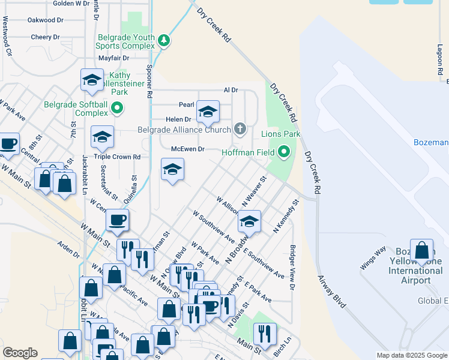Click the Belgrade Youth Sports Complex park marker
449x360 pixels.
164,41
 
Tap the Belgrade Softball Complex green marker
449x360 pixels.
117,109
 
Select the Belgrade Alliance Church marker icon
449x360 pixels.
240,129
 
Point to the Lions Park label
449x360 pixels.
280,134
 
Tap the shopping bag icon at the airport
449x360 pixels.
422,253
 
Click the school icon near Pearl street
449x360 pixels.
208,111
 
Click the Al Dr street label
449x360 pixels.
231,90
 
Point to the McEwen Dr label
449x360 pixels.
188,148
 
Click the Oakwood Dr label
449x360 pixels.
46,20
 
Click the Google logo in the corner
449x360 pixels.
20,352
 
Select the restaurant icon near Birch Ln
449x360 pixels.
265,333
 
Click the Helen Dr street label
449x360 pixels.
179,119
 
